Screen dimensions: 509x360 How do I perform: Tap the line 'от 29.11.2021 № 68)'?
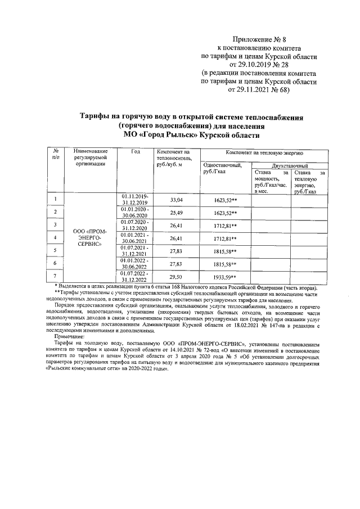[259, 90]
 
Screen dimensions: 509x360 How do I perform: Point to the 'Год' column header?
[135, 152]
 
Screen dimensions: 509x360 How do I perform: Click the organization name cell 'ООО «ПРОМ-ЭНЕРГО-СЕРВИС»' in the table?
[86, 237]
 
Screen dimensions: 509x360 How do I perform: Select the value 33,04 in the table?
[176, 200]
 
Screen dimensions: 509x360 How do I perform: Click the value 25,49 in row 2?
[176, 213]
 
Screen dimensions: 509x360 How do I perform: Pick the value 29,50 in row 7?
[176, 277]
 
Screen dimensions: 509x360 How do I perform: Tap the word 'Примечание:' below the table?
[70, 336]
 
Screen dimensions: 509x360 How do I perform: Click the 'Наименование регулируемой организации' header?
[86, 158]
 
